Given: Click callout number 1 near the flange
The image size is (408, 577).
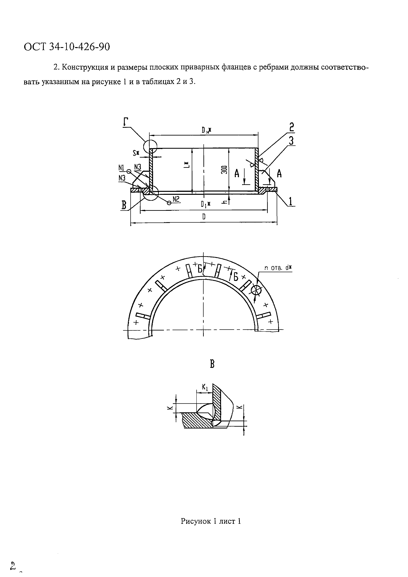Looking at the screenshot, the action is pyautogui.click(x=291, y=202).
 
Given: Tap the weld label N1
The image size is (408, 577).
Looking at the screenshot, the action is pyautogui.click(x=122, y=167).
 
